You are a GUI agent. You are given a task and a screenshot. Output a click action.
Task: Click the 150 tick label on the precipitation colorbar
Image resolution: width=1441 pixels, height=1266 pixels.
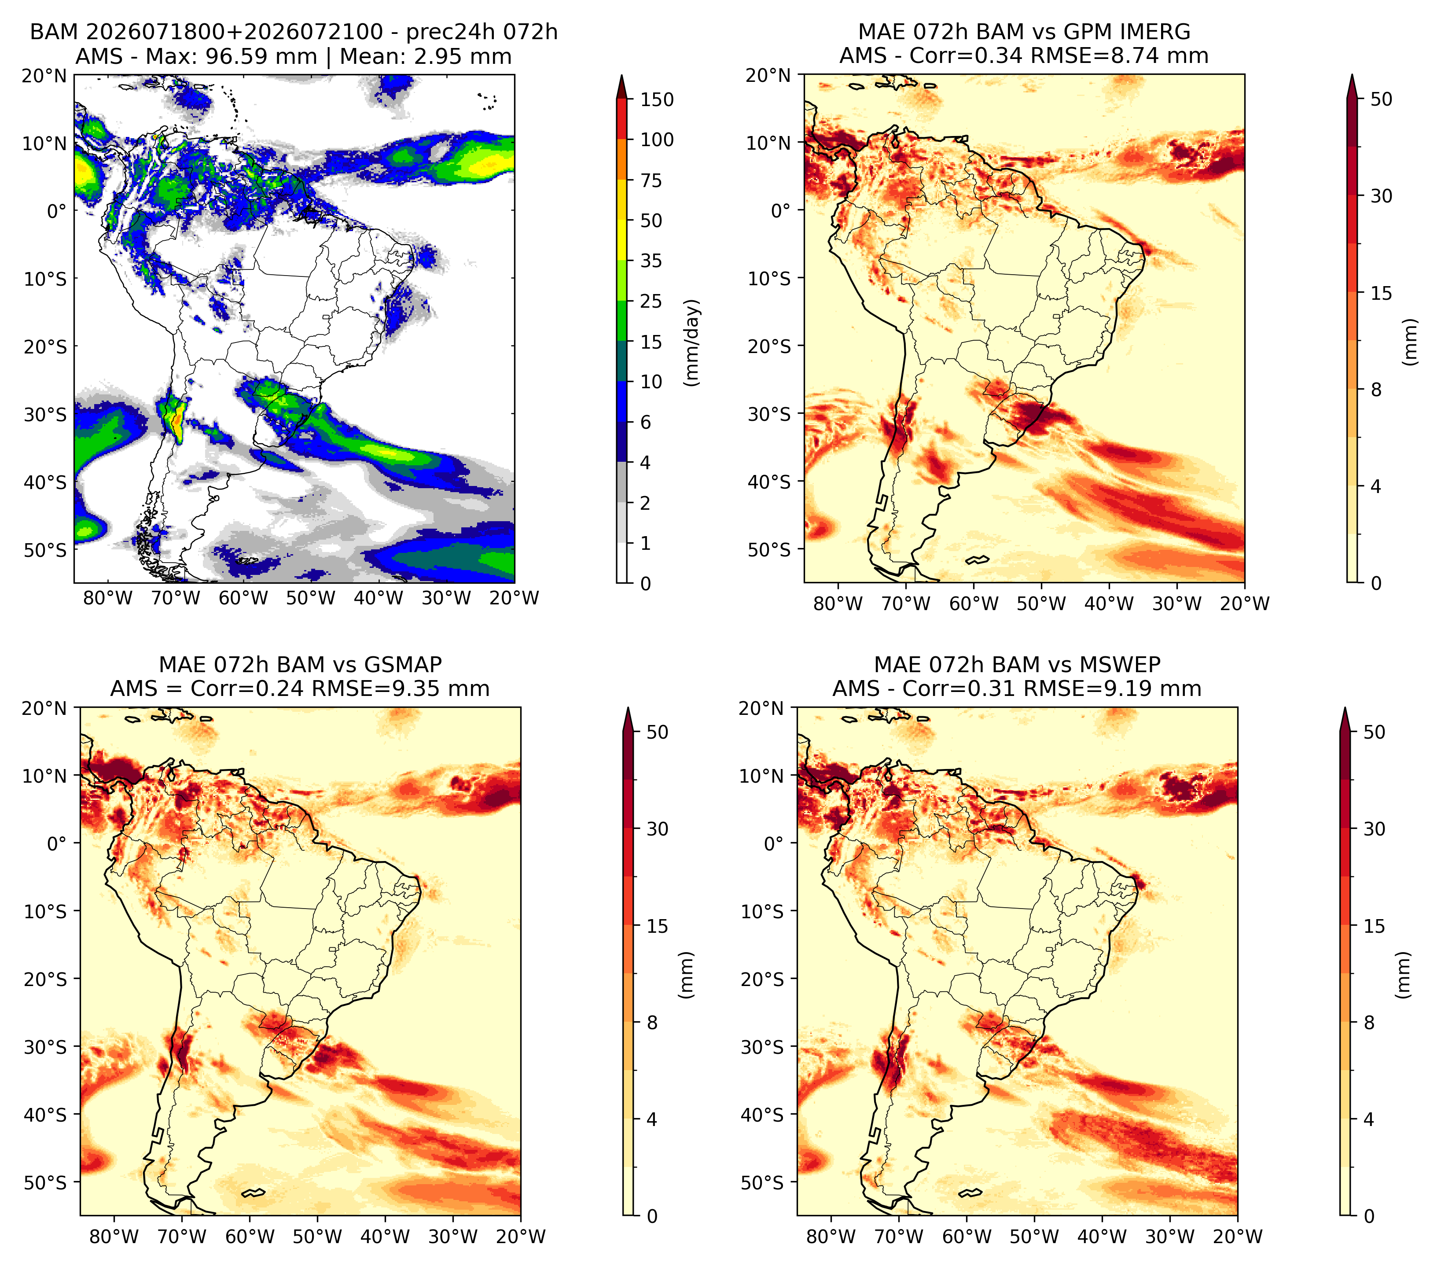(657, 99)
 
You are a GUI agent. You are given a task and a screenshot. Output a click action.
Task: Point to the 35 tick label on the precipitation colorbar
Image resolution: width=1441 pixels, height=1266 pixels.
(651, 261)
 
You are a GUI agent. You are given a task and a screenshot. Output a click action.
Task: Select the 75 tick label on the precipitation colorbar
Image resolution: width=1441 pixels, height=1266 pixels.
(651, 180)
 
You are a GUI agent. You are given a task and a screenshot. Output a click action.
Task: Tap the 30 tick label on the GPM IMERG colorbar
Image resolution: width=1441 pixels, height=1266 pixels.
(1381, 196)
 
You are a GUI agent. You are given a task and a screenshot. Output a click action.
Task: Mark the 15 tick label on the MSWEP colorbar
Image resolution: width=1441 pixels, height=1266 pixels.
(1374, 926)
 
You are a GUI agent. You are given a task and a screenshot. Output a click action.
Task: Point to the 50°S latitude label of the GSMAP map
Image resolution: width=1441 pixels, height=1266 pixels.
(51, 1182)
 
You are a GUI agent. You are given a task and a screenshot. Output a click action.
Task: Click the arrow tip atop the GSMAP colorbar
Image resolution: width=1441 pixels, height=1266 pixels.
(628, 708)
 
